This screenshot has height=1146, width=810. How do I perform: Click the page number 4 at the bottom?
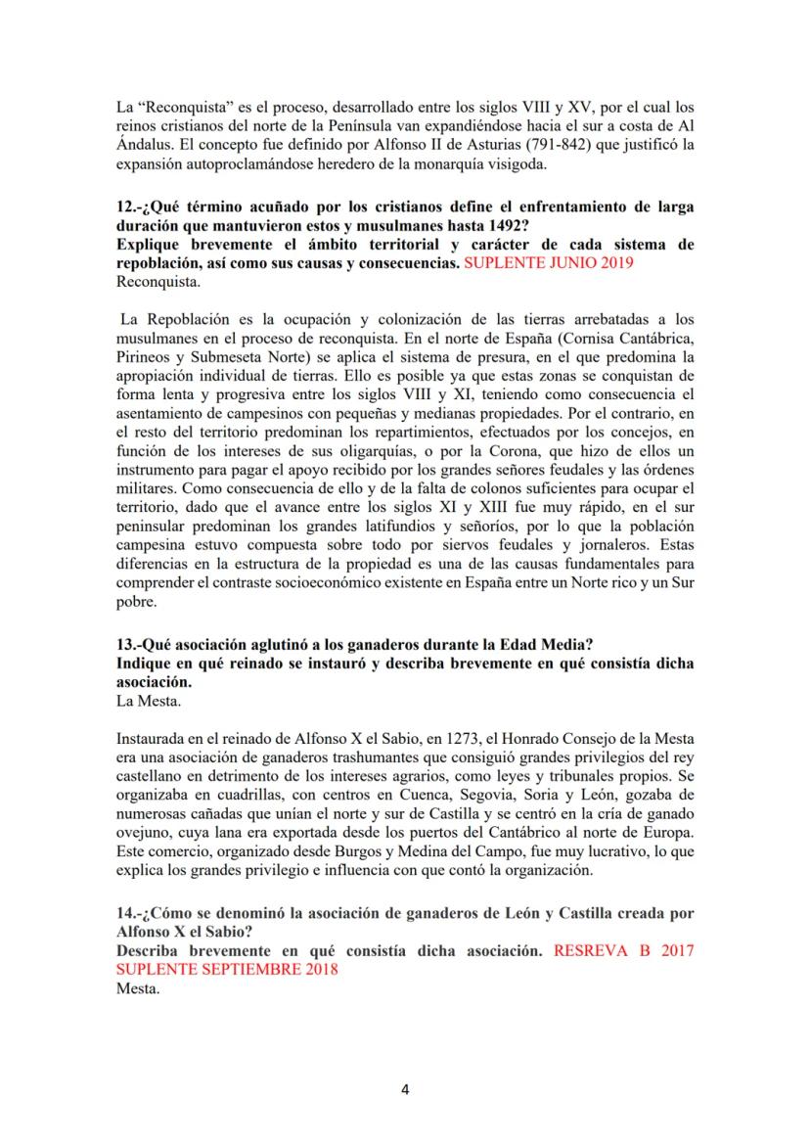point(405,1090)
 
